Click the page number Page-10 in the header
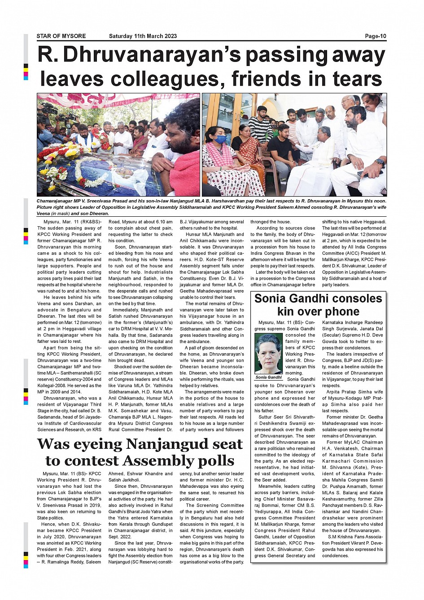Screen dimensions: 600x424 (375, 36)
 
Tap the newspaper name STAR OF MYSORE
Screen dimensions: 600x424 (61, 36)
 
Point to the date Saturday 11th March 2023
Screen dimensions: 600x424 (143, 36)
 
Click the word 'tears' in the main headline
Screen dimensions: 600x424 (357, 79)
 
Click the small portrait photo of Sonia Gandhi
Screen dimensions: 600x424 (268, 354)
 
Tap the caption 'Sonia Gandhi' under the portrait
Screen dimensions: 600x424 (268, 377)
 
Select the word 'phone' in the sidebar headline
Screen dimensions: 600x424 (341, 311)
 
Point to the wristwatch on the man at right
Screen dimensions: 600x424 (379, 162)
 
